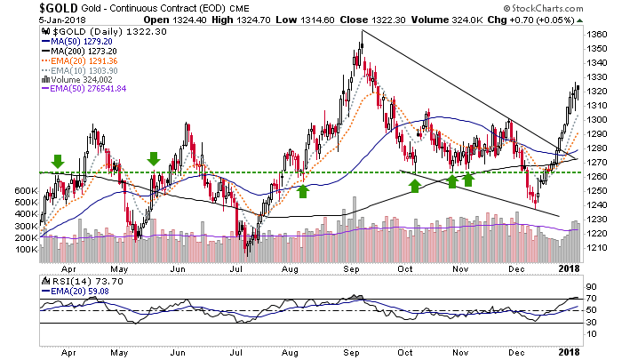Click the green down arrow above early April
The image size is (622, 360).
[58, 160]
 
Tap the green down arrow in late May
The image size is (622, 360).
[153, 158]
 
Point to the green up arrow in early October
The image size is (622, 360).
[414, 184]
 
